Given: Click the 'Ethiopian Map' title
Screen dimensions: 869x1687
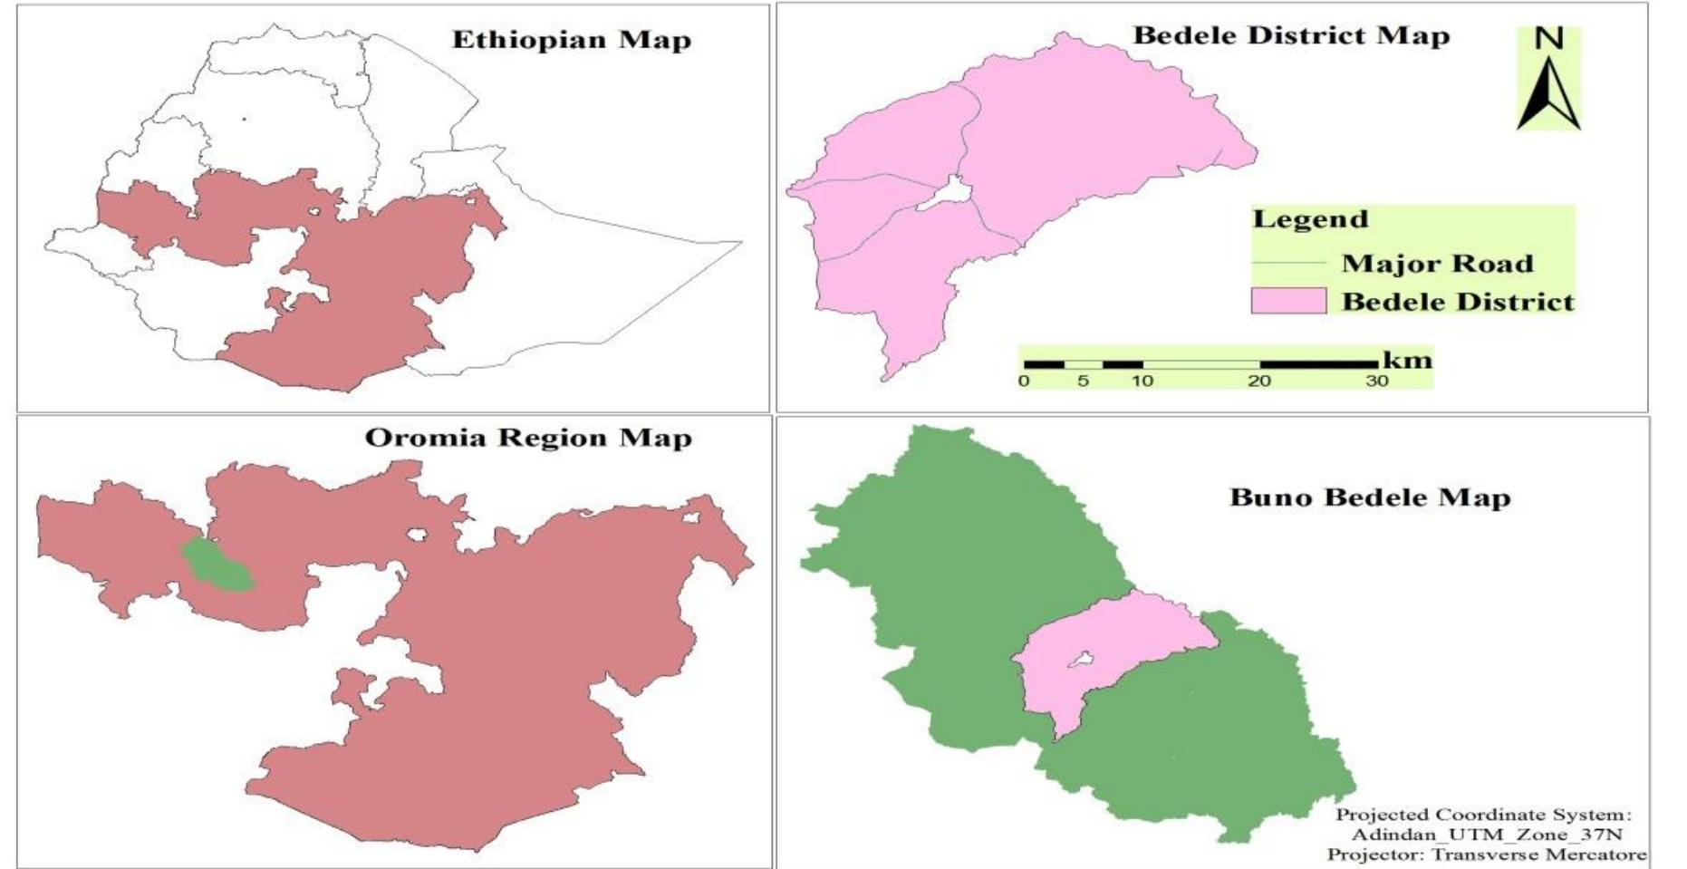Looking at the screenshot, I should [571, 40].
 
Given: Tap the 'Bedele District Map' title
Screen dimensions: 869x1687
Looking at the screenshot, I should [1291, 35].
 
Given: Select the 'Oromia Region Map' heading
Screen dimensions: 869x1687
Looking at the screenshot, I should [528, 438].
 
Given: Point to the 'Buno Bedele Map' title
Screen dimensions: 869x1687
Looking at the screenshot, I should [1370, 497].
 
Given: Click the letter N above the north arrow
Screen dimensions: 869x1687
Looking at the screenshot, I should [1549, 38].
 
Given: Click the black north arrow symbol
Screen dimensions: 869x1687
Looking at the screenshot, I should [1549, 95].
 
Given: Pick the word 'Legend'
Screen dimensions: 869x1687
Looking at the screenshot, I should [1310, 219].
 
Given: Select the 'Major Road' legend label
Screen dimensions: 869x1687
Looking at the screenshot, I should [1437, 264].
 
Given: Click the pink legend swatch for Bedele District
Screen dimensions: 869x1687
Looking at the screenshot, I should [1288, 301].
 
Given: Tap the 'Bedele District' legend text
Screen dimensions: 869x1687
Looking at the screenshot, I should [1458, 302].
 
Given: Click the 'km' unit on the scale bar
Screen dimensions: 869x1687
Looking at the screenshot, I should [1407, 360].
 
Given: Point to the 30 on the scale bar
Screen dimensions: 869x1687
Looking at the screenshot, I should [1377, 381].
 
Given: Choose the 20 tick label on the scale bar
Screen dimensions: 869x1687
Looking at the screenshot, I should [1259, 381].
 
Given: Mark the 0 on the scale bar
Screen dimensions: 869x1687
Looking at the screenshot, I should [1024, 381].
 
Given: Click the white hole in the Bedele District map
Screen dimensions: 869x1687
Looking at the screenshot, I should [947, 193].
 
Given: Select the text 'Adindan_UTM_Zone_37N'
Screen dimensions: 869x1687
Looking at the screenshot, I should [1486, 835].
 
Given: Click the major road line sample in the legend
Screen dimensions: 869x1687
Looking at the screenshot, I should [1288, 264].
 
